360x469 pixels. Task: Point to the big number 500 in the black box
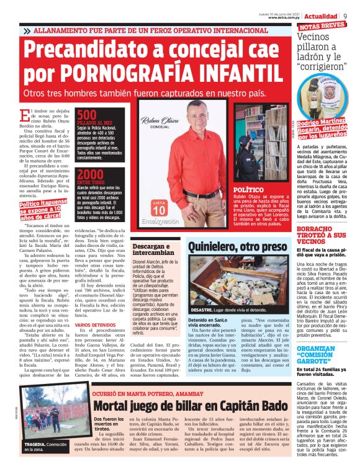[x=87, y=115]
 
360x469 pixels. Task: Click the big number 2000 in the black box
[x=91, y=174]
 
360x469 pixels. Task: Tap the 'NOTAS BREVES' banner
[x=322, y=25]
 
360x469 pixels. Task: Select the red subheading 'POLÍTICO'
[x=248, y=190]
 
